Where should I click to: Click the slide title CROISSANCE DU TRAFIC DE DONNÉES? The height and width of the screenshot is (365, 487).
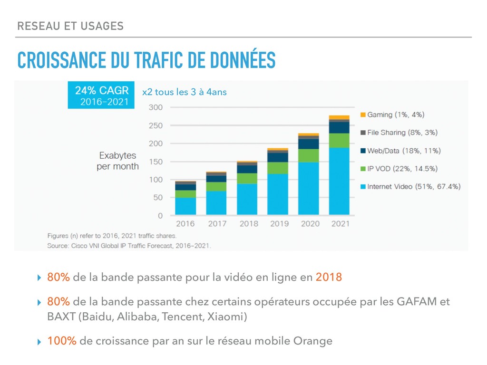click(x=146, y=60)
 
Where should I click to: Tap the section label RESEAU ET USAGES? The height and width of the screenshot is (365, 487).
click(x=70, y=26)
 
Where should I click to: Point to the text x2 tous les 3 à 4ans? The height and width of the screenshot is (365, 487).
click(x=185, y=92)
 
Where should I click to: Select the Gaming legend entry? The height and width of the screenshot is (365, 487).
click(x=392, y=115)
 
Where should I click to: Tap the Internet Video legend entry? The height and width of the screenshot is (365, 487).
click(x=410, y=187)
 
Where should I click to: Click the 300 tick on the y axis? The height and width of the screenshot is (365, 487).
click(x=156, y=107)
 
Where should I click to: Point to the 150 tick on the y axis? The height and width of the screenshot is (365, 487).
click(x=156, y=162)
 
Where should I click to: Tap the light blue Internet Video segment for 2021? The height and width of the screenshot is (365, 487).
click(x=339, y=181)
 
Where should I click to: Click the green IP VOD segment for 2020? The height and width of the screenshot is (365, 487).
click(x=309, y=155)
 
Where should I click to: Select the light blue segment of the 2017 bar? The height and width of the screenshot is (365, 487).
click(x=216, y=203)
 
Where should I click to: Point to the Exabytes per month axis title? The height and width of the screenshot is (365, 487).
click(x=117, y=161)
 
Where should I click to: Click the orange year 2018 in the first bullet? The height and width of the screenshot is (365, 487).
click(x=329, y=277)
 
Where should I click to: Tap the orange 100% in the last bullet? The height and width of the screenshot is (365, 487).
click(x=62, y=341)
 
